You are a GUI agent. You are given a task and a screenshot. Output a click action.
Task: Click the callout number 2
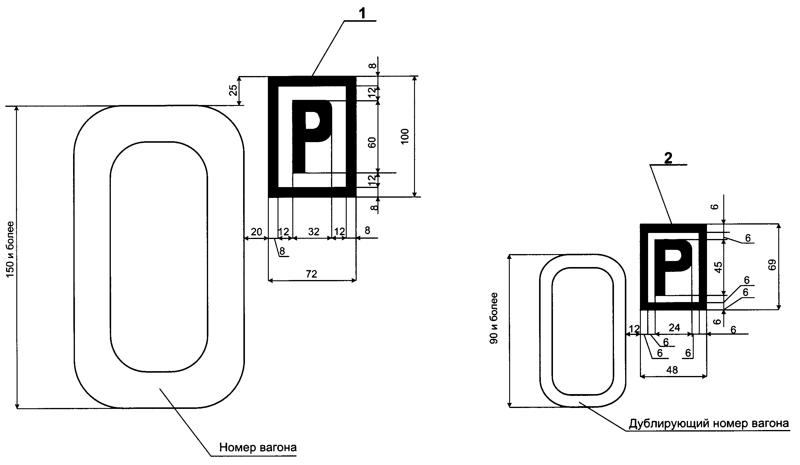[668, 158]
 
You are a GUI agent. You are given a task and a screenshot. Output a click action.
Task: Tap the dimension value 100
[405, 136]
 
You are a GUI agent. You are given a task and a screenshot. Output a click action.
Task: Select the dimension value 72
[311, 274]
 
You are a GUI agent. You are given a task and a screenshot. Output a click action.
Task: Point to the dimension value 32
[314, 231]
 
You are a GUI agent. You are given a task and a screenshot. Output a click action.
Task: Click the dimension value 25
[233, 91]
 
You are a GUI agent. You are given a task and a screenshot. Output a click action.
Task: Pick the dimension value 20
[256, 232]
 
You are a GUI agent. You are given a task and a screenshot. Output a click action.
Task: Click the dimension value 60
[372, 142]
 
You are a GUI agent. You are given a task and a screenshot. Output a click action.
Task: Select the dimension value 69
[773, 265]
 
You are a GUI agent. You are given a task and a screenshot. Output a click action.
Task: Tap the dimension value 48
[672, 370]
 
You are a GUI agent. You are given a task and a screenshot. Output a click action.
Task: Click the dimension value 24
[674, 327]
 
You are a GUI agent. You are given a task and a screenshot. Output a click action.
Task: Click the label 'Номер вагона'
[258, 447]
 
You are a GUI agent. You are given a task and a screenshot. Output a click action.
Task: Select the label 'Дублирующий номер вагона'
[708, 423]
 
